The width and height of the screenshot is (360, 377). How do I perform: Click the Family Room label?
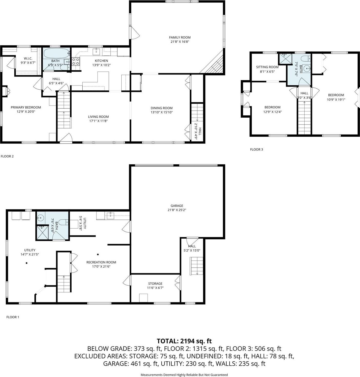tap(180, 37)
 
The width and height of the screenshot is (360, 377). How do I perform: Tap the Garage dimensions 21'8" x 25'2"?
tap(177, 210)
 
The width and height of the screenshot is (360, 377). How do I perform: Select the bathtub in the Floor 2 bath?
tap(56, 53)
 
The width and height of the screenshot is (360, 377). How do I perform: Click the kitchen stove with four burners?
tap(75, 61)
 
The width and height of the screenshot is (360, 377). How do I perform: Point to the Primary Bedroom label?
tap(26, 107)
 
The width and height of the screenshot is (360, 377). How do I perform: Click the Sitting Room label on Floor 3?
tap(267, 67)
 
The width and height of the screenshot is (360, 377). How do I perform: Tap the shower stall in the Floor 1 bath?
tap(42, 233)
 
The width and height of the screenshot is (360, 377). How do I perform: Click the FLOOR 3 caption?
tap(256, 149)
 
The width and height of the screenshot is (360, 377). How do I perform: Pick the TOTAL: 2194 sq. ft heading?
tap(184, 341)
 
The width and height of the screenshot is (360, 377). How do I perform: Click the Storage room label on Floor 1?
tap(155, 284)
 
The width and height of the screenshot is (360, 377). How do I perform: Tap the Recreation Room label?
tap(101, 262)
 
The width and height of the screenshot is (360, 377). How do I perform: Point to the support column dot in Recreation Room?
tap(98, 255)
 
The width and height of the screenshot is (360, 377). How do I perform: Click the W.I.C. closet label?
tap(28, 59)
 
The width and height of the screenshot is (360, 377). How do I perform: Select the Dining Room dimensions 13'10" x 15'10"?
tap(161, 112)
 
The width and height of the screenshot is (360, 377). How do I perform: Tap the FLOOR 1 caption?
tap(13, 317)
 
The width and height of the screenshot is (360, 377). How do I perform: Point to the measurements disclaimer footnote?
tap(184, 375)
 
